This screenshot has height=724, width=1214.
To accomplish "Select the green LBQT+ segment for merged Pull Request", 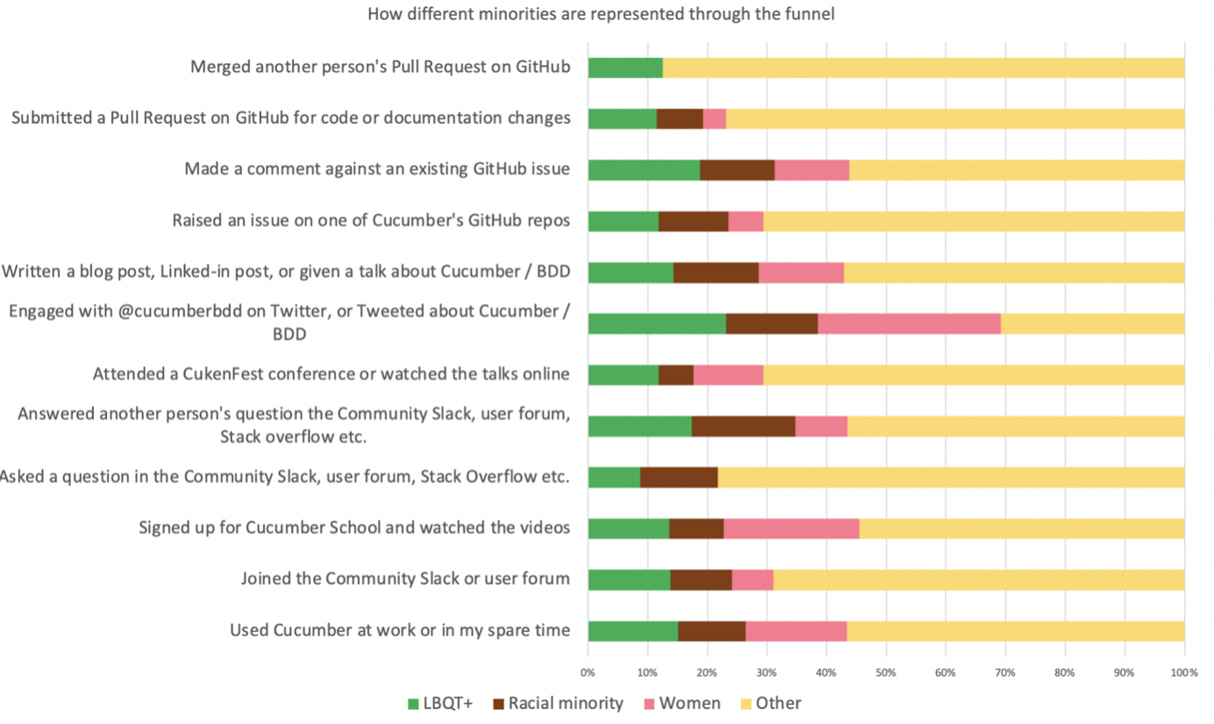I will click(x=625, y=68).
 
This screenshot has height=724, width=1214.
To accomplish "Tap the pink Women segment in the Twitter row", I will click(x=909, y=323).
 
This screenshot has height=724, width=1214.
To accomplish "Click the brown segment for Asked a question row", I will click(x=679, y=477).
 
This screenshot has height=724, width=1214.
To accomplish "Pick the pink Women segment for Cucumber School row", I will click(x=791, y=528).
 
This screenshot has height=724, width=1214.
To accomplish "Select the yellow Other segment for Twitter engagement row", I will click(x=1092, y=323).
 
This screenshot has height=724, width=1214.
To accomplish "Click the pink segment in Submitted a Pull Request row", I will click(x=714, y=118).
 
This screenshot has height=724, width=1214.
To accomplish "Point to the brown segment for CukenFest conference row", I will click(x=675, y=375).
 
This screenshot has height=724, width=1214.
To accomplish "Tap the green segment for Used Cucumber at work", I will click(x=632, y=630).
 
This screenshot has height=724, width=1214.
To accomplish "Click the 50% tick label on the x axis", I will click(x=886, y=673).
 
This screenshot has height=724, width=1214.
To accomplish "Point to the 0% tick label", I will click(x=588, y=673).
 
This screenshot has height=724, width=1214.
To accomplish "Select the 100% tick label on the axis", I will click(x=1183, y=673).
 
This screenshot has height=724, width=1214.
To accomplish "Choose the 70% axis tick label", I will click(x=1005, y=673).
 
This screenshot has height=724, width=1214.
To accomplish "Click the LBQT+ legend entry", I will click(x=440, y=703).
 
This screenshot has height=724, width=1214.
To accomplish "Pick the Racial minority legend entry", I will click(x=558, y=703).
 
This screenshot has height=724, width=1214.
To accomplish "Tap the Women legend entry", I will click(x=682, y=703).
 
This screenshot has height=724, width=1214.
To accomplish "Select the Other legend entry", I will click(x=771, y=703).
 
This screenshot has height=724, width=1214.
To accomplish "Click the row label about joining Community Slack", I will click(x=405, y=579).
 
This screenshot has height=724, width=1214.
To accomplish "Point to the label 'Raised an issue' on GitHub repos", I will click(x=371, y=220).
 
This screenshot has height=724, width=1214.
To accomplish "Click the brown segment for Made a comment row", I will click(x=737, y=169).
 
